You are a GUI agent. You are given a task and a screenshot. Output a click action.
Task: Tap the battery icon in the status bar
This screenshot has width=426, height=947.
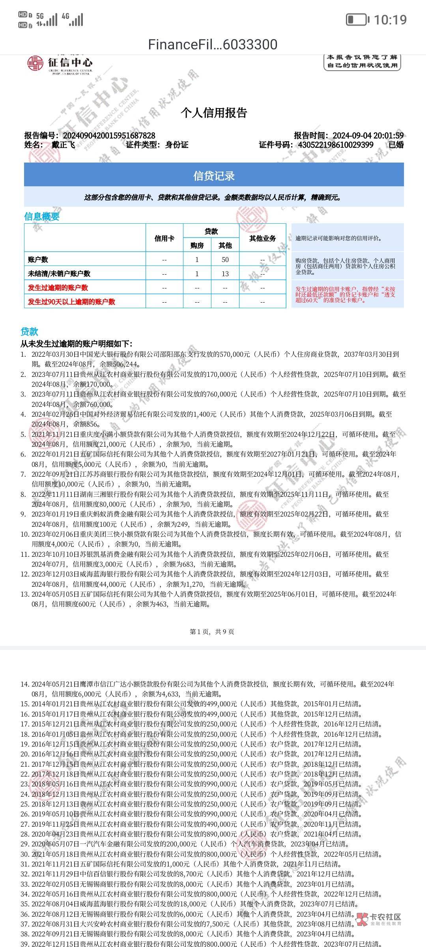tap(357, 19)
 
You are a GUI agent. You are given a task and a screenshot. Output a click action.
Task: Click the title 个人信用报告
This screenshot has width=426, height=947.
tap(213, 113)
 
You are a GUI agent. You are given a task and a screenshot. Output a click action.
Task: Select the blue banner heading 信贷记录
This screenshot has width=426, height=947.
tap(214, 176)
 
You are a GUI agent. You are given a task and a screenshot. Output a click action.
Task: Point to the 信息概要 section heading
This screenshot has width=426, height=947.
tap(42, 216)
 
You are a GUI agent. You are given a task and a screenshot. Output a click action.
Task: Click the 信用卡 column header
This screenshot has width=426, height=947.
tap(164, 238)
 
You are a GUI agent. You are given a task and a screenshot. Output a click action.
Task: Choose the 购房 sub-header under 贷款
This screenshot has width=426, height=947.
tap(197, 245)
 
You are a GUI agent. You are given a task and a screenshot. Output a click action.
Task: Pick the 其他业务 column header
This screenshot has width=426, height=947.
tap(262, 238)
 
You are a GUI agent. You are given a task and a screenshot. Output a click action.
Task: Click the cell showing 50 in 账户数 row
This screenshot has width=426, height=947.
tap(225, 260)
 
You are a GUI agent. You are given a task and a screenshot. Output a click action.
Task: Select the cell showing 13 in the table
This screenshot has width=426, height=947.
tap(225, 274)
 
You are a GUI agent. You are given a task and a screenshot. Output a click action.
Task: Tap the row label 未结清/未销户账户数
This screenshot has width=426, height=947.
tap(59, 274)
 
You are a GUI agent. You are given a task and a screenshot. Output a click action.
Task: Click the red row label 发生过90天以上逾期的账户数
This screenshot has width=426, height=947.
tap(71, 302)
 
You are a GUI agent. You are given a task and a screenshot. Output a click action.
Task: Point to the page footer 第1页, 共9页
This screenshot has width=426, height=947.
tap(212, 632)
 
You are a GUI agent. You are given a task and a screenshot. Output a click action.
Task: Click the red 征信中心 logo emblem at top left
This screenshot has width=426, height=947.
tap(35, 64)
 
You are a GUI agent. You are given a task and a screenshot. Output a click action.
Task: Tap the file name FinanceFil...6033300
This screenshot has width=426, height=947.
tap(213, 45)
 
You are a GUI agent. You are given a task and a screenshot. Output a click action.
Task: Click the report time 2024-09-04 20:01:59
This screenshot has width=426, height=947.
tap(368, 136)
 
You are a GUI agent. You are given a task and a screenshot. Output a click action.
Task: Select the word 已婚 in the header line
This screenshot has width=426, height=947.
tap(396, 145)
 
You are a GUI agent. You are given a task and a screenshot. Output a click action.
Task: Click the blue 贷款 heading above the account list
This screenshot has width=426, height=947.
tap(30, 331)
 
